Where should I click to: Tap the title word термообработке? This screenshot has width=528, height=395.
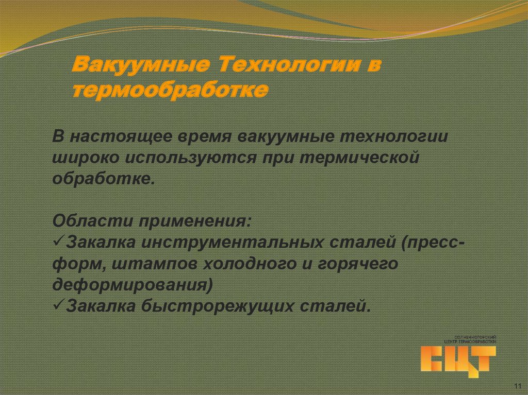pos(170,91)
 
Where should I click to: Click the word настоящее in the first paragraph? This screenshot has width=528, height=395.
pos(123,138)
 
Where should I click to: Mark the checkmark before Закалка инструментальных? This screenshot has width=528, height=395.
pos(58,241)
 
